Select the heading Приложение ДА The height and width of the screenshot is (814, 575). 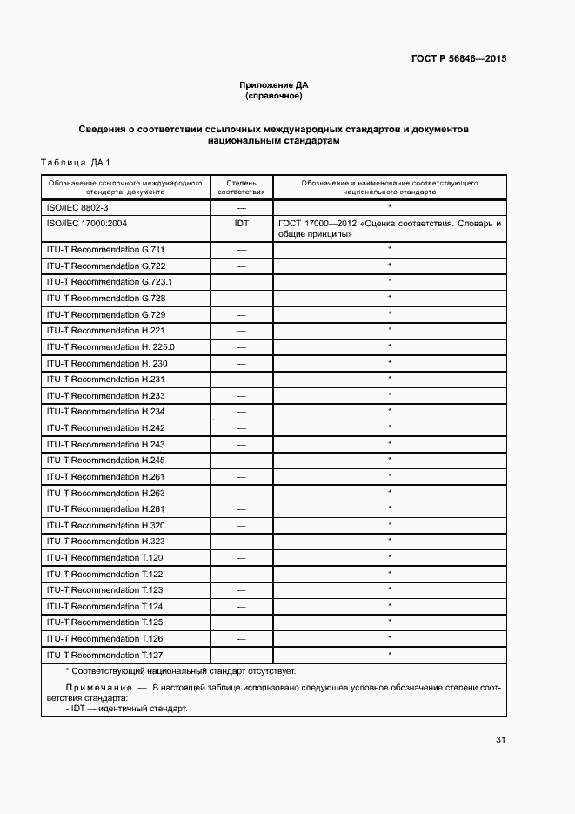[x=274, y=84]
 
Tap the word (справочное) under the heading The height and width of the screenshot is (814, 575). [x=274, y=95]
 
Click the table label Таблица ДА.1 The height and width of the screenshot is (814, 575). [x=75, y=163]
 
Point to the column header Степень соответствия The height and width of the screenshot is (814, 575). [x=241, y=187]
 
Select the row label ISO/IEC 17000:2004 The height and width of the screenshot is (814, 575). [x=87, y=224]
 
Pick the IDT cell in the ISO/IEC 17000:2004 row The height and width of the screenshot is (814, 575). [x=241, y=224]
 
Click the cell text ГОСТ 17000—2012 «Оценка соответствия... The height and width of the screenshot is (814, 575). [x=389, y=224]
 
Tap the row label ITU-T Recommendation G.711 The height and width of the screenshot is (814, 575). [x=105, y=250]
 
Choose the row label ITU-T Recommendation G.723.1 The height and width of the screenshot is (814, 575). [x=110, y=282]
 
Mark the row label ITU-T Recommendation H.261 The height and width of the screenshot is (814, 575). [x=105, y=477]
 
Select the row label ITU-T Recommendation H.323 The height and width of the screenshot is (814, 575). [x=105, y=542]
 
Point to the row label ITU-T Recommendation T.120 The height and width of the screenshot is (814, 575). [x=105, y=558]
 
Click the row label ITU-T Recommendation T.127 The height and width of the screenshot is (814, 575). [x=105, y=656]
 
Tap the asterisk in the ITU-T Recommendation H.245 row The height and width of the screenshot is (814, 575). [x=389, y=460]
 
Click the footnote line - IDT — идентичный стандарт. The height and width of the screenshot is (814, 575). [x=126, y=709]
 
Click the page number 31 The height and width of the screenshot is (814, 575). [x=500, y=740]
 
